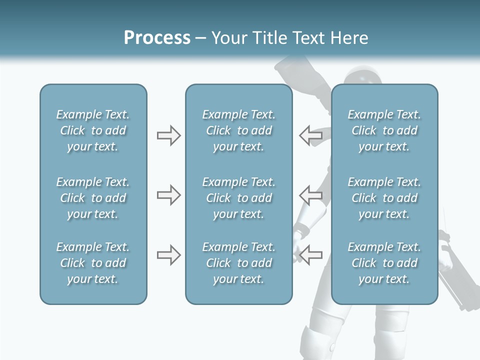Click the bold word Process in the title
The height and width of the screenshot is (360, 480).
point(157,38)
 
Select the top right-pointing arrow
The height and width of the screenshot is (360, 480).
point(168,135)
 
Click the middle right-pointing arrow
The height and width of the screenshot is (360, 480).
point(168,195)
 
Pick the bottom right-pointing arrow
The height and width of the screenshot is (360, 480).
point(168,255)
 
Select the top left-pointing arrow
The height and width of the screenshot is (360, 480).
point(311,135)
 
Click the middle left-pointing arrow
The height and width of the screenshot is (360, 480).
point(311,195)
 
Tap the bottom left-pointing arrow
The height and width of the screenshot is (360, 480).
point(311,255)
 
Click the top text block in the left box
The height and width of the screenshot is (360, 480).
point(93,130)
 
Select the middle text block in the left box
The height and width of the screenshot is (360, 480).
point(93,198)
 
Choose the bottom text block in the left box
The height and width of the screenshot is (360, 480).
point(93,263)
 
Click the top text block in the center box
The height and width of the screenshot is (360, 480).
point(238,130)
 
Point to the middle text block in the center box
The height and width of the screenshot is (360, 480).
point(238,198)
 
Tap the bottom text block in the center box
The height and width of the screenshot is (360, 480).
point(238,263)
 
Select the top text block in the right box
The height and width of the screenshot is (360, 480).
point(384,130)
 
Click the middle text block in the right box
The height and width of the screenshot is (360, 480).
point(384,198)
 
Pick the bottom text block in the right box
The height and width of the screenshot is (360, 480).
point(384,263)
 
